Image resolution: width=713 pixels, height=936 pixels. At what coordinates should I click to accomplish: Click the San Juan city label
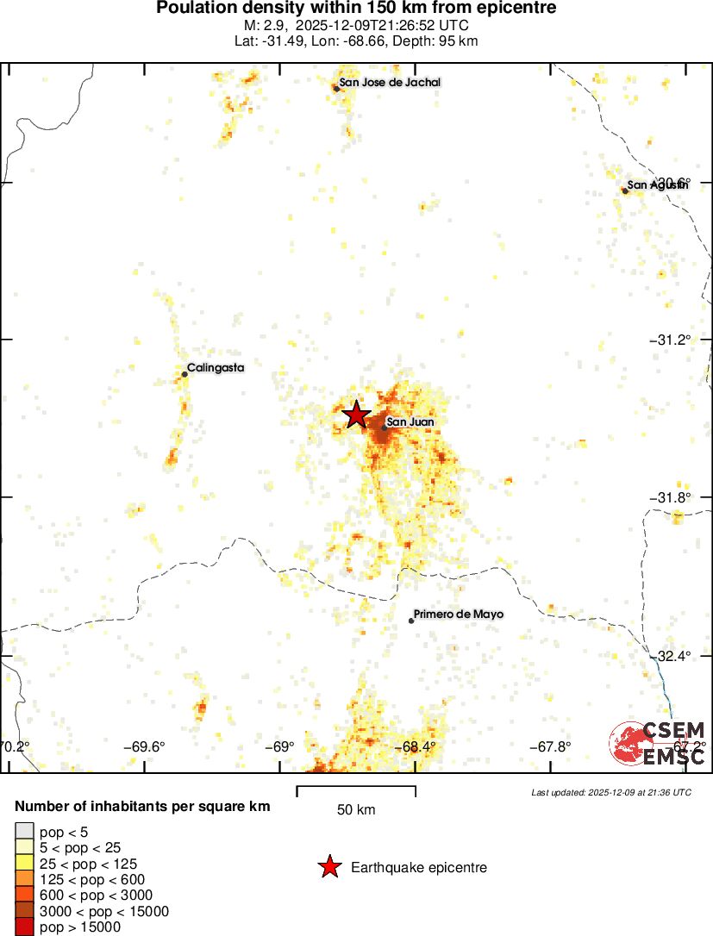tap(410, 421)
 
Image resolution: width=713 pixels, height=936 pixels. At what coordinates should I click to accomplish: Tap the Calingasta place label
tap(216, 368)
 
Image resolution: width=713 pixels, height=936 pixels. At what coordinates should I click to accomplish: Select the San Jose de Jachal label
tap(390, 83)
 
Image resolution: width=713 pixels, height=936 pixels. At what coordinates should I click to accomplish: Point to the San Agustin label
tap(657, 184)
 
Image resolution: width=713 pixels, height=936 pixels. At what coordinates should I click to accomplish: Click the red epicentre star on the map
tap(355, 415)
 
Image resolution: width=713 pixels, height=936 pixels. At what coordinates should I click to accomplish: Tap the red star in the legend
tap(328, 867)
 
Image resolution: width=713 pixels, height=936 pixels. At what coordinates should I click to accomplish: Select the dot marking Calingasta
tap(185, 374)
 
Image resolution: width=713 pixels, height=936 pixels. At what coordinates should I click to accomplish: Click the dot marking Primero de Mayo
tap(411, 621)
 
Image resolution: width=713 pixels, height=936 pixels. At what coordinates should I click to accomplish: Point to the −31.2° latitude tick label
tap(669, 340)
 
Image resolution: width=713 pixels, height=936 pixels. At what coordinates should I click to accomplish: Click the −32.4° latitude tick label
tap(669, 656)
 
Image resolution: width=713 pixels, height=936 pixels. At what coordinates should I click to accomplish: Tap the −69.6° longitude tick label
tap(144, 746)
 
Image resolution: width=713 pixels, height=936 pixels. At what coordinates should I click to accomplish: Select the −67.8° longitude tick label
tap(550, 746)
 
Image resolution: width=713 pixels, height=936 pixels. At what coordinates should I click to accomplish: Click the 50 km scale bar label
tap(355, 809)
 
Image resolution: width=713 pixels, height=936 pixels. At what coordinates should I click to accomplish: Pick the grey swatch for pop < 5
tap(25, 832)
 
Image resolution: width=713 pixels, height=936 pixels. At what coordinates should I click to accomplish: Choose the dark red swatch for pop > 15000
tap(25, 927)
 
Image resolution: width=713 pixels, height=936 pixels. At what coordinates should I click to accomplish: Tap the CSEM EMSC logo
tap(658, 743)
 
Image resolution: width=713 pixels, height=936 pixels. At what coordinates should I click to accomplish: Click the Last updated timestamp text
tap(610, 792)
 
